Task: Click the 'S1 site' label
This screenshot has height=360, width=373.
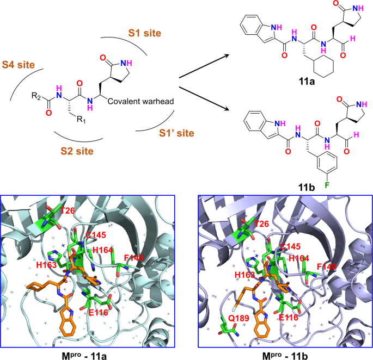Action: tap(144, 33)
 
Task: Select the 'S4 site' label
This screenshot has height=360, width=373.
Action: tap(19, 65)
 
